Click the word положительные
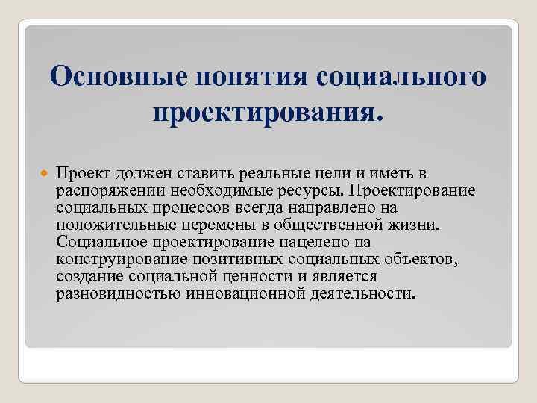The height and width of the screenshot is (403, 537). click(113, 225)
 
